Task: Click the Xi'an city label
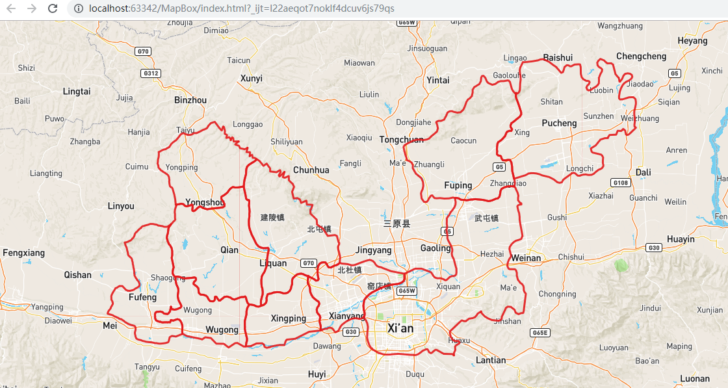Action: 400,328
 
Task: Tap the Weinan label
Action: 526,258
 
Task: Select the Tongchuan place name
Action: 401,140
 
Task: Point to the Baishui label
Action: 558,58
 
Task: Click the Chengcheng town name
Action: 641,57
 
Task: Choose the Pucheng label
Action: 559,123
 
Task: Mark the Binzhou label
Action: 190,100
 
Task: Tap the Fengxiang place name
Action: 24,252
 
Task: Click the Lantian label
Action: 491,360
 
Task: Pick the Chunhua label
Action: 311,170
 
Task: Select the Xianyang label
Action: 347,316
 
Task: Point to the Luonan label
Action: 695,378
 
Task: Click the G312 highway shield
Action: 151,73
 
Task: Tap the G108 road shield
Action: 621,183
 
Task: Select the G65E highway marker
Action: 540,333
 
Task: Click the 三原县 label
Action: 396,224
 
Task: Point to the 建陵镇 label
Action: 272,217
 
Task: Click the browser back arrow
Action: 10,8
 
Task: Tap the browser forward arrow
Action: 31,8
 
